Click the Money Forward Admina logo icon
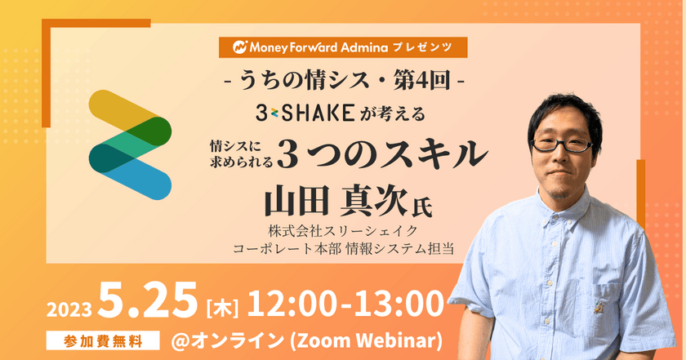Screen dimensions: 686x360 pyautogui.click(x=240, y=47)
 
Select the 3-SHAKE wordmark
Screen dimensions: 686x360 pyautogui.click(x=305, y=113)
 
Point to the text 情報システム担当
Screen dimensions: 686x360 pyautogui.click(x=400, y=249)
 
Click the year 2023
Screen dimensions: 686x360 pyautogui.click(x=69, y=310)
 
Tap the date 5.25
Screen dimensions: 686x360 pyautogui.click(x=149, y=300)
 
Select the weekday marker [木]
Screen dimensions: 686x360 pyautogui.click(x=222, y=309)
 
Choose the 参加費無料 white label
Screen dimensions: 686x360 pyautogui.click(x=103, y=341)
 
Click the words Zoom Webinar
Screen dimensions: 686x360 pyautogui.click(x=367, y=340)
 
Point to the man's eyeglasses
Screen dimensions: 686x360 pyautogui.click(x=562, y=144)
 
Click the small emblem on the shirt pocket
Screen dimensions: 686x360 pyautogui.click(x=597, y=309)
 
